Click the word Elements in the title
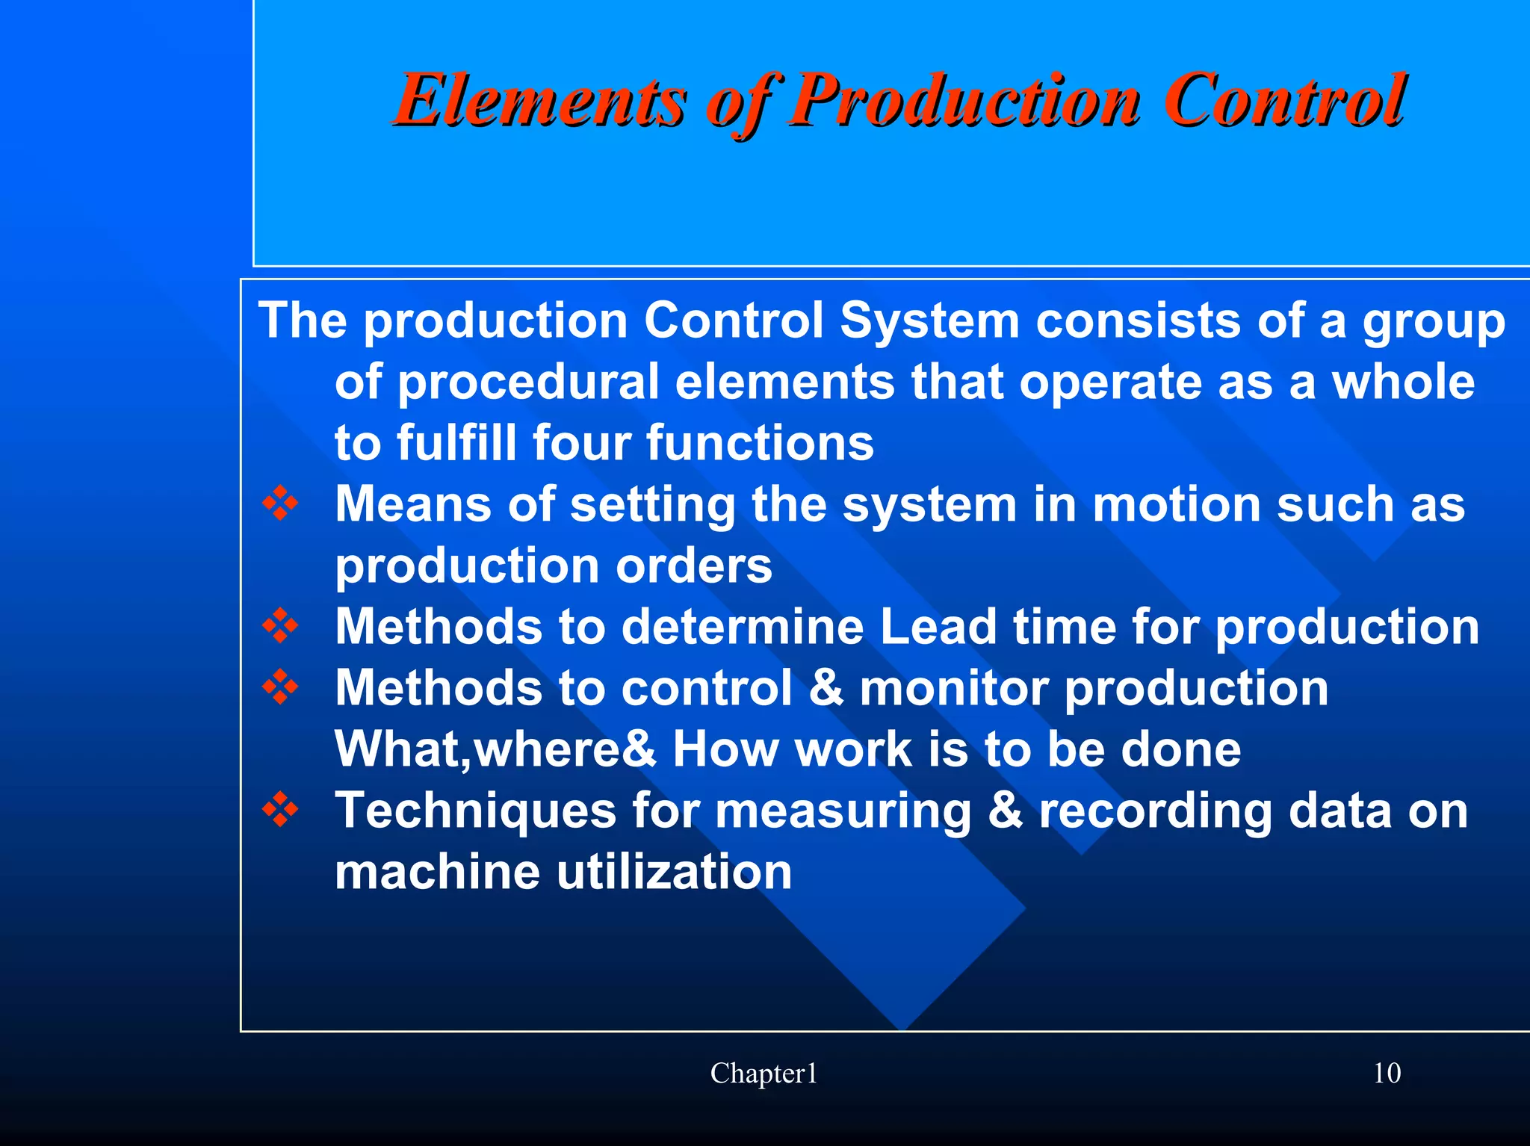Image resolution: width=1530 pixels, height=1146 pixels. coord(539,101)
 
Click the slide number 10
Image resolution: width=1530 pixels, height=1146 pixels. coord(1387,1074)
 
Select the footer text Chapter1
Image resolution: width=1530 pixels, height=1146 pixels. coord(764,1074)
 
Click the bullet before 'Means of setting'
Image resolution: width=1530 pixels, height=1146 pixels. coord(280,504)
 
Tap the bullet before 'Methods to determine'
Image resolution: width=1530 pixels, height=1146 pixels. coord(280,626)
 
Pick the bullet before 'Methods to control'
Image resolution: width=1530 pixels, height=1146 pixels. coord(280,687)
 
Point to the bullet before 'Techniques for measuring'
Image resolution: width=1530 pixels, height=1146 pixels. coord(280,810)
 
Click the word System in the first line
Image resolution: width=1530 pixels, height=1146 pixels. coord(929,321)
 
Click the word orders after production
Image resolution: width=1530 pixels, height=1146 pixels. coord(694,566)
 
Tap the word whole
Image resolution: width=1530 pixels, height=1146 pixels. coord(1404,382)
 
